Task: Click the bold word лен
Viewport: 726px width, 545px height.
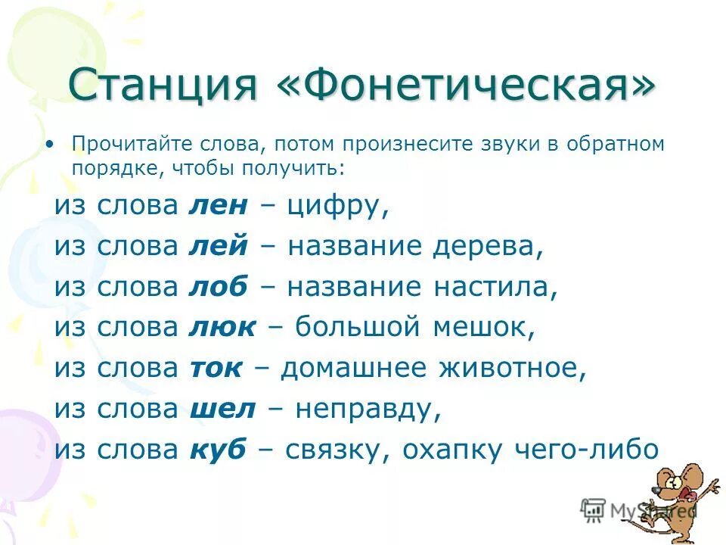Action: coord(213,206)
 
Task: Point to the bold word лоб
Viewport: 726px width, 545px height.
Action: coord(214,288)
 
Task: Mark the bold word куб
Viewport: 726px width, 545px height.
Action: coord(217,450)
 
